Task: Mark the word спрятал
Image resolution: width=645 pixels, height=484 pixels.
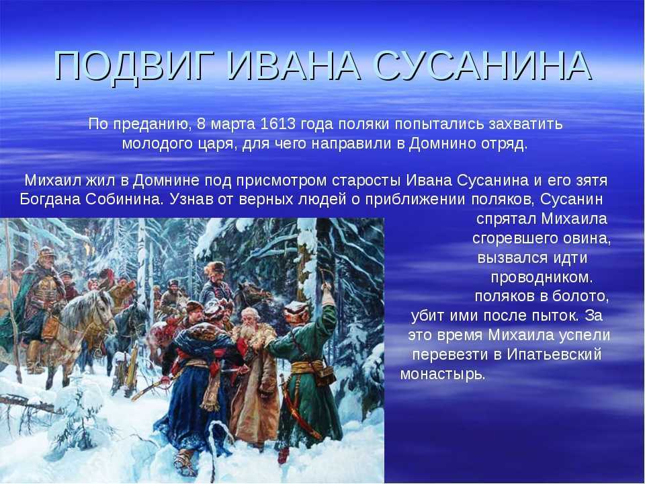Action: (x=507, y=219)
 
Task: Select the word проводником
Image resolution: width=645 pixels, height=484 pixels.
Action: (x=542, y=278)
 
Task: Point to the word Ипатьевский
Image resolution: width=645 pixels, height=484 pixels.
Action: (x=554, y=355)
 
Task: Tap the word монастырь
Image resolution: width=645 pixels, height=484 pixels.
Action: (x=443, y=374)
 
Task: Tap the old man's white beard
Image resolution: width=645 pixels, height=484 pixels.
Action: (x=248, y=331)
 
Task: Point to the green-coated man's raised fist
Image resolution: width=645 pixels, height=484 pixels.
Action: (x=327, y=291)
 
